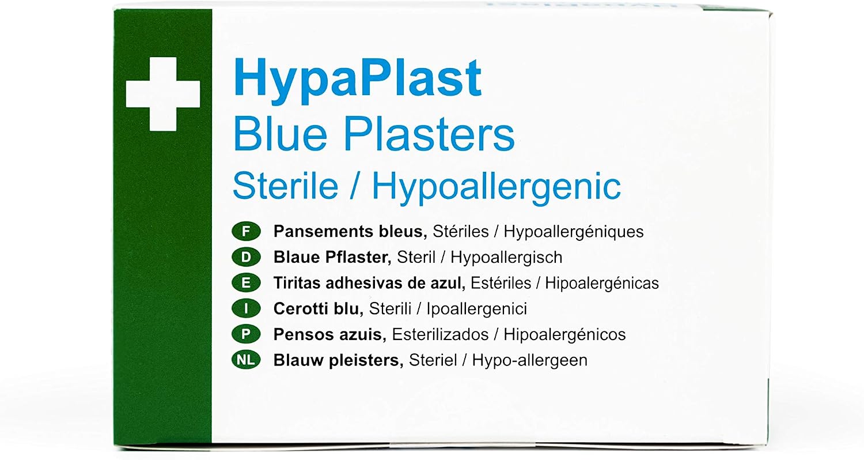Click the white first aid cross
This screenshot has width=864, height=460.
(163, 94)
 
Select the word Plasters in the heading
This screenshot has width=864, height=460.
(429, 134)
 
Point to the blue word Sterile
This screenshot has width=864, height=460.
(286, 186)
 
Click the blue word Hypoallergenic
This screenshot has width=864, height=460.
(497, 189)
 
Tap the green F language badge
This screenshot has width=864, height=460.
(246, 232)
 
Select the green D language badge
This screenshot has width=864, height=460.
(246, 257)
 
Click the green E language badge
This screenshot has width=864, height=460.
(246, 283)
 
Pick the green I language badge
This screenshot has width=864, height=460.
(246, 309)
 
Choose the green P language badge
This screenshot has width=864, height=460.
(246, 334)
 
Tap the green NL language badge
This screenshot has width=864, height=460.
(246, 360)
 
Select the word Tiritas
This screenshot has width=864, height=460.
(297, 283)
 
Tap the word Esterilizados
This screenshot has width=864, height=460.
(440, 334)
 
